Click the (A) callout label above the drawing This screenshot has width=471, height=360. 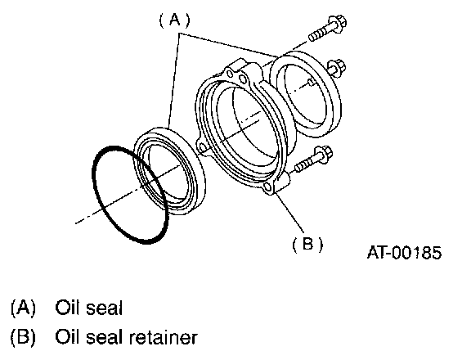point(174,20)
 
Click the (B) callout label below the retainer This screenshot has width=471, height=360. point(308,244)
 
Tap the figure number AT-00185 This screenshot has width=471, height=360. point(404,253)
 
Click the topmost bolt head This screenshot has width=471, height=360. point(338,24)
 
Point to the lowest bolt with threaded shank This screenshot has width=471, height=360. point(313,160)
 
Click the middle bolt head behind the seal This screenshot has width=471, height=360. point(337,69)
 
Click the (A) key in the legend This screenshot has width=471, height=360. point(23,308)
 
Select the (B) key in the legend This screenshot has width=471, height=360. point(23,337)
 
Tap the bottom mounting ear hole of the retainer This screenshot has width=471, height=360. point(267,188)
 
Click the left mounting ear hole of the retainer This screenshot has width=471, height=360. point(203,148)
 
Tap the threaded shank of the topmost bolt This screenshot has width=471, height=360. point(319,34)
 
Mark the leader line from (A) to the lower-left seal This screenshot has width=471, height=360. point(174,80)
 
